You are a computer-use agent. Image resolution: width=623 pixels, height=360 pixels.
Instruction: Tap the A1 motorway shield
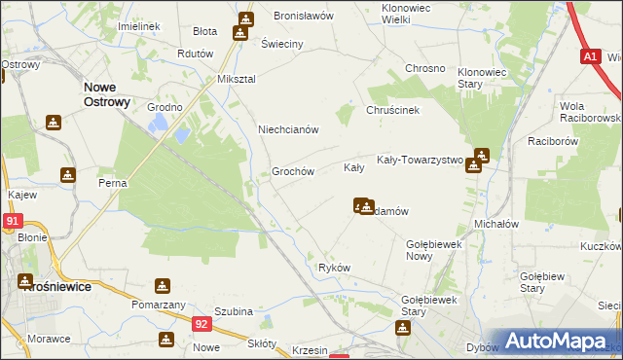pos(591,56)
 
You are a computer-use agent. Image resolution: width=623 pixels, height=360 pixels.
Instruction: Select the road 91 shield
pos(11,221)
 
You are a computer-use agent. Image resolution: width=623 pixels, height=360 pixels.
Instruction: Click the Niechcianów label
pos(288,129)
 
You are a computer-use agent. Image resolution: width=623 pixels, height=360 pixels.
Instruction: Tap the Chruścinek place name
pos(392,110)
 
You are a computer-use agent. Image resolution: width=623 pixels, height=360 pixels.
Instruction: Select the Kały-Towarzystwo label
pos(420,160)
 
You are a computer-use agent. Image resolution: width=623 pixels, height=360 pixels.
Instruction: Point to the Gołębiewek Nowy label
pos(432,249)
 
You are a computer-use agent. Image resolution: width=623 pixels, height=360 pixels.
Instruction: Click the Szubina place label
pos(235,311)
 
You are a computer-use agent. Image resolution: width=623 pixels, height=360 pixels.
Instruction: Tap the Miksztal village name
pos(236,78)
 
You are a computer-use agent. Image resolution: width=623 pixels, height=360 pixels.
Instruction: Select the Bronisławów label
pos(304,17)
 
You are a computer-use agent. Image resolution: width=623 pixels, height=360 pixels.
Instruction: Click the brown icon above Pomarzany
pos(162,286)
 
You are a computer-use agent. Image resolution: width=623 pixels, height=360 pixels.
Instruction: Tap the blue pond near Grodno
pos(157,123)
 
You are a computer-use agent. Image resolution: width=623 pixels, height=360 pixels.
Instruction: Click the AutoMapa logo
pos(559,341)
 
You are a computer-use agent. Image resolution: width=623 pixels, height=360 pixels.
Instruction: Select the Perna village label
pos(113,183)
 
